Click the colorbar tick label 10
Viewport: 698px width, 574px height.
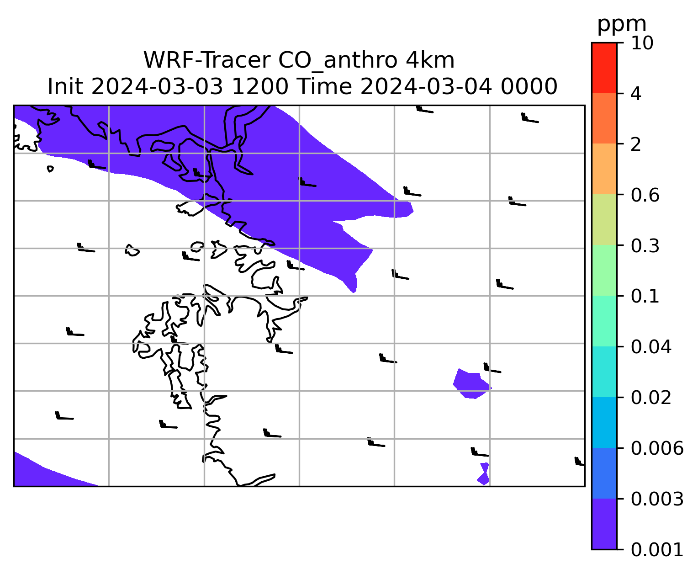coord(642,43)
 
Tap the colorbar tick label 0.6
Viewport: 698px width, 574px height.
coord(645,195)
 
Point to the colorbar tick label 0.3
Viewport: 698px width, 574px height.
coord(645,246)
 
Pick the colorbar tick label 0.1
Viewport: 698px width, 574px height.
coord(645,296)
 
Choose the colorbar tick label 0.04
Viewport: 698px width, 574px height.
coord(651,347)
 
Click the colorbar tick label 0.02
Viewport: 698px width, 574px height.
coord(651,398)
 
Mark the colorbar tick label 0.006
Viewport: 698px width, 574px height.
coord(657,448)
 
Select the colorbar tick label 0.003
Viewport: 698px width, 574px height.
coord(657,499)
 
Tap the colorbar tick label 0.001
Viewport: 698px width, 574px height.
coord(657,550)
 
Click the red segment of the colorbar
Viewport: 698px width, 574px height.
coord(604,68)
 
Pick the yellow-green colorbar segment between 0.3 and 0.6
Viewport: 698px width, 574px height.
coord(604,219)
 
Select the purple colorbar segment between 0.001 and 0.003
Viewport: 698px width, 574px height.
coord(604,524)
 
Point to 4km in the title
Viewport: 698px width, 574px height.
coord(430,60)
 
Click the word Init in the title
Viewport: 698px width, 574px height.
coord(65,87)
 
